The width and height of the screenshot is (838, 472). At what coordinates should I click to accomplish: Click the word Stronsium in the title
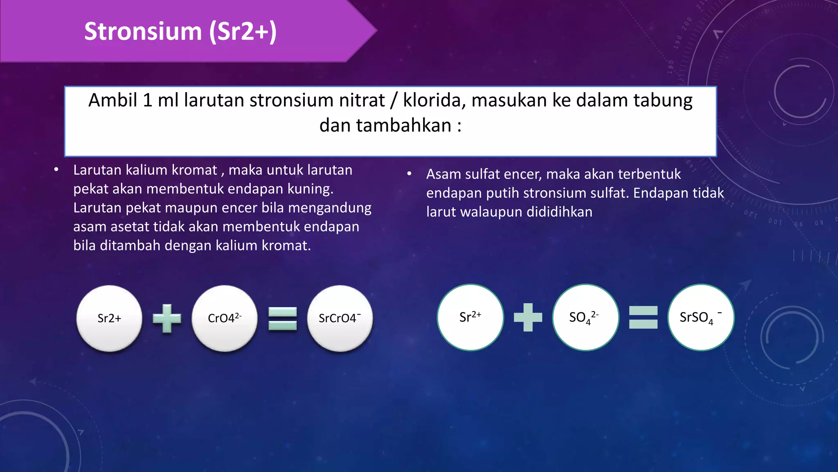coord(143,32)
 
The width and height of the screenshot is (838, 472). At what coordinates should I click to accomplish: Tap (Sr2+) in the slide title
coord(243,32)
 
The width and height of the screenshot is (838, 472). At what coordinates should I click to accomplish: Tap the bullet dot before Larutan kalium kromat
coord(56,170)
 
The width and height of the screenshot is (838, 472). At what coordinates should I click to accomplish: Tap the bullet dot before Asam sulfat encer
coord(409,174)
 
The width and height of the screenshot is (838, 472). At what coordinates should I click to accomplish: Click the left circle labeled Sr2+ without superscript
coord(109,318)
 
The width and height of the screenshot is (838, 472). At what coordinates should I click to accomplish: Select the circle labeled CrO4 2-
coord(225,318)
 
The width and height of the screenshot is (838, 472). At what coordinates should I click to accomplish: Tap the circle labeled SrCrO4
coord(340,318)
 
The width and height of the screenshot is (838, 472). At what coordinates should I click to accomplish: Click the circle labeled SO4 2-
coord(586,317)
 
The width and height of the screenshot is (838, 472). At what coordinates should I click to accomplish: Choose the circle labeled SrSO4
coord(701,317)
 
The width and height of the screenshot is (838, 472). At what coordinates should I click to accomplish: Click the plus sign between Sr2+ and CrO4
coord(167,318)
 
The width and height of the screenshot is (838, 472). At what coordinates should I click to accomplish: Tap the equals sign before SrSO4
coord(643,317)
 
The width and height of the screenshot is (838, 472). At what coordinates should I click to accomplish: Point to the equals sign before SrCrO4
coord(282,318)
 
